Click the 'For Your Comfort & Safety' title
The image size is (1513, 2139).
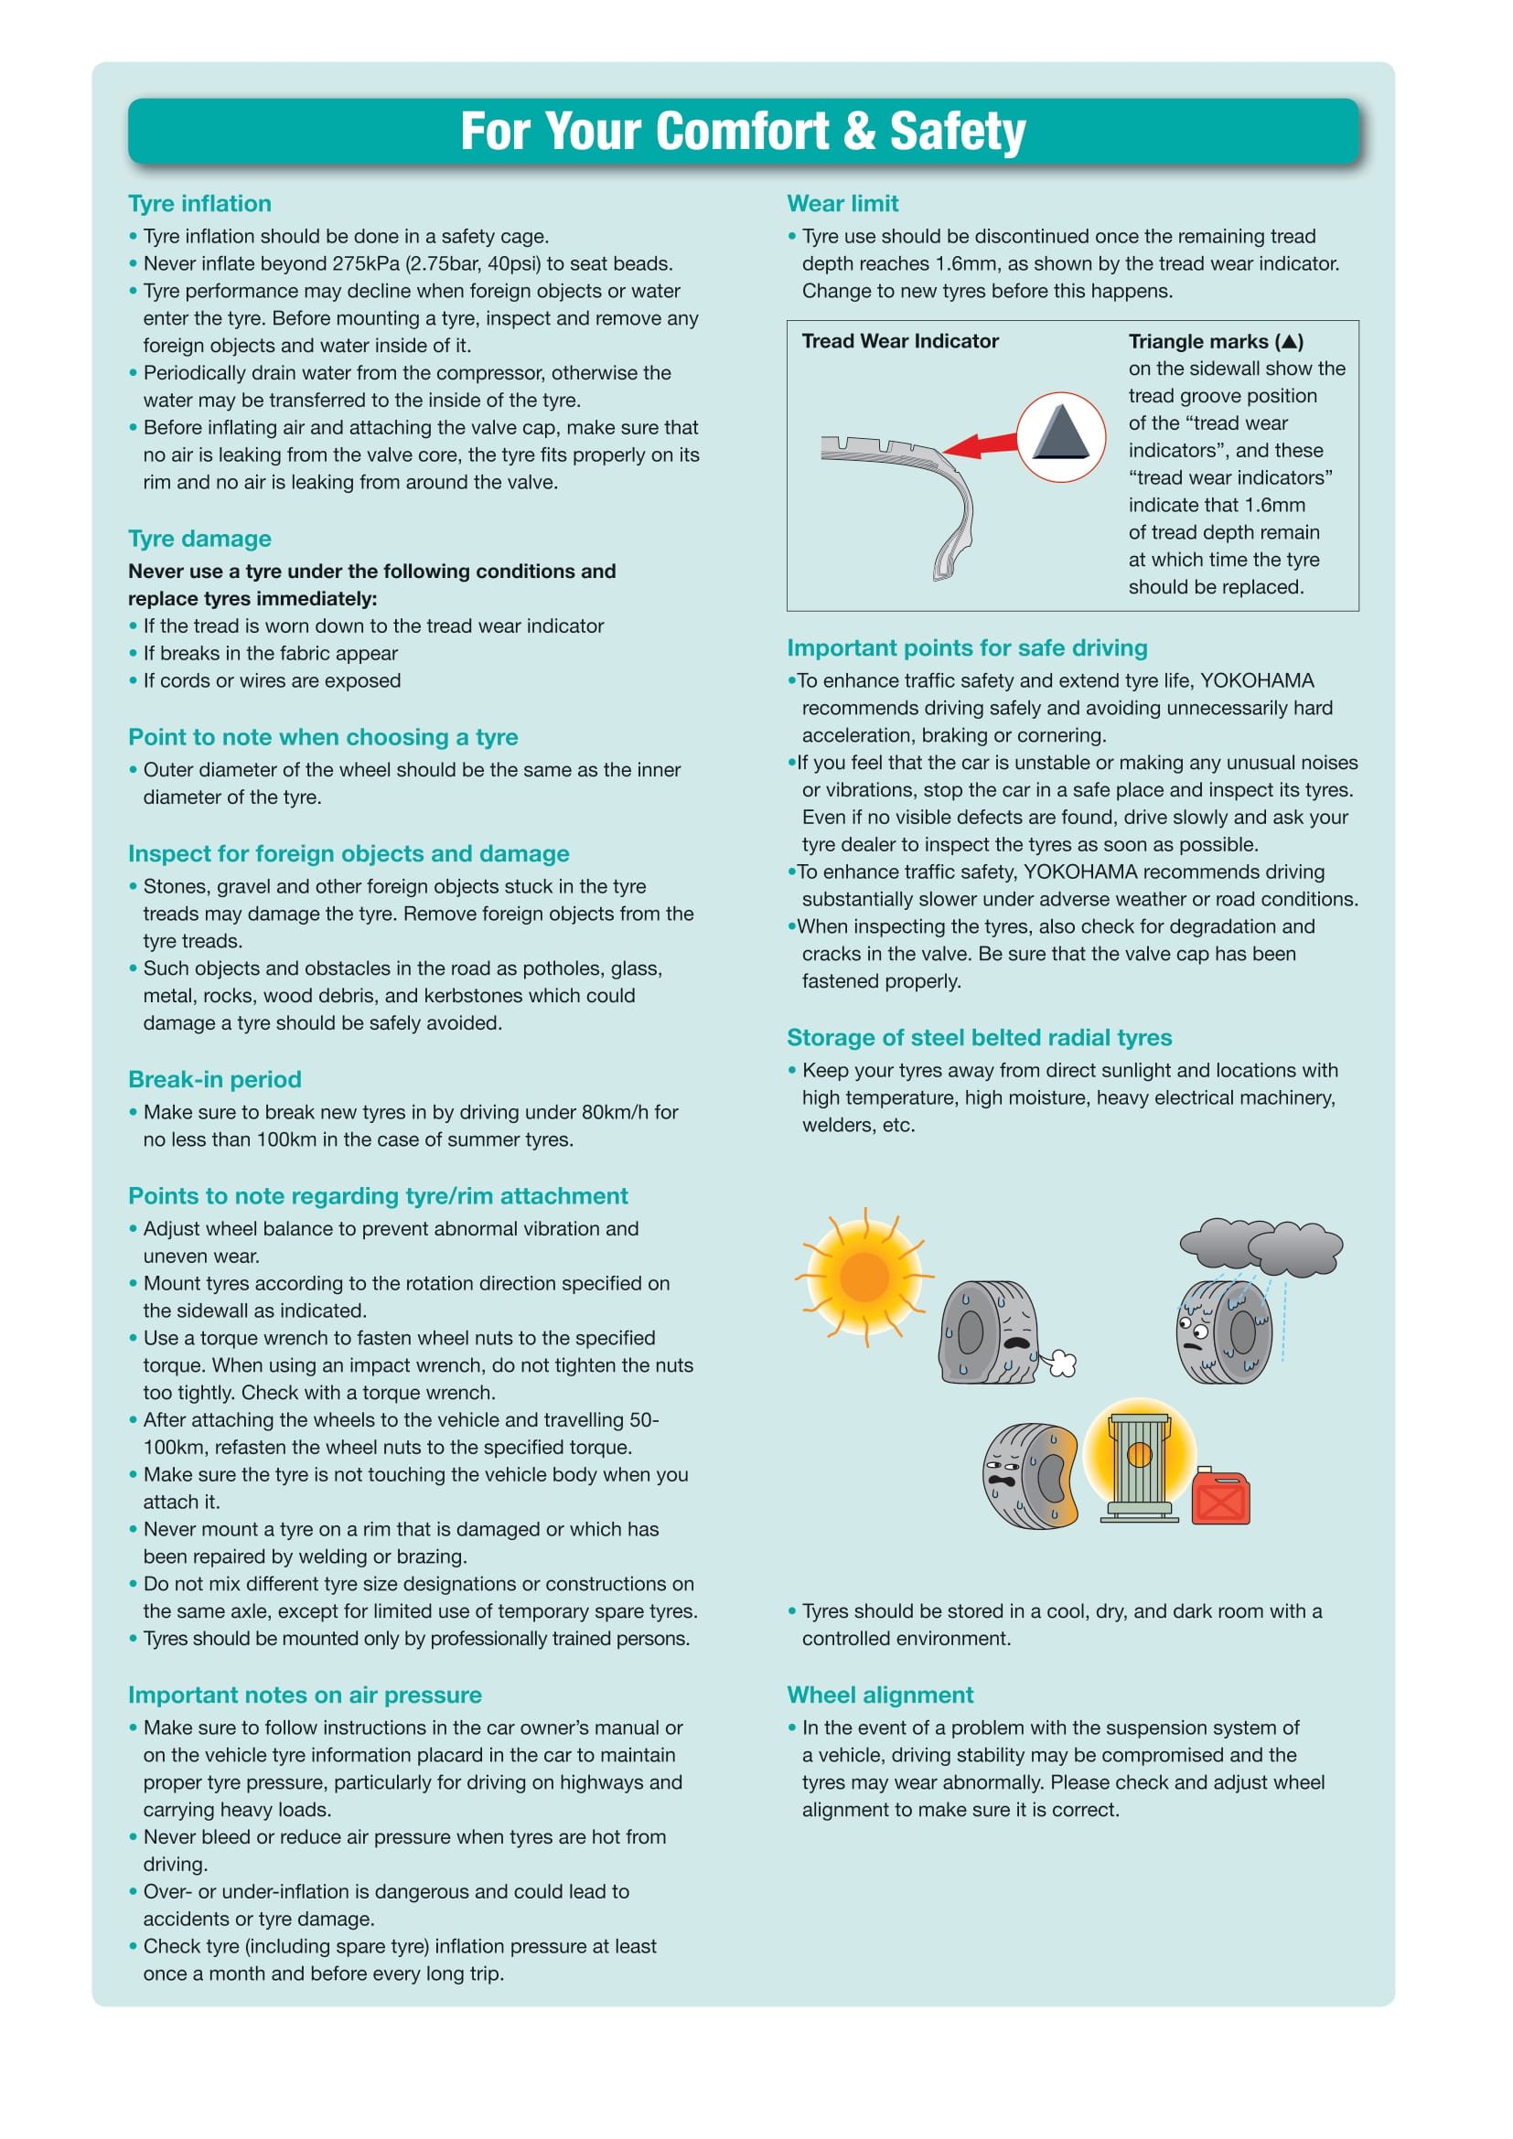pos(743,132)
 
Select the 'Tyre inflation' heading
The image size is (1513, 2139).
pos(199,203)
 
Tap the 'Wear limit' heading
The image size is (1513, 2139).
pos(842,203)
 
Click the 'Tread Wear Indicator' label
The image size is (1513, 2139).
pos(900,341)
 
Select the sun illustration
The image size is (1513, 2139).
pos(864,1276)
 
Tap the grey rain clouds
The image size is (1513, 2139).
pos(1261,1246)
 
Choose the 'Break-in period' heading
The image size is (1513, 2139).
pos(214,1079)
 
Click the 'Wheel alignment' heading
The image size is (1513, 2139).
pos(879,1695)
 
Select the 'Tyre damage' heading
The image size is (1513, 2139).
pos(199,539)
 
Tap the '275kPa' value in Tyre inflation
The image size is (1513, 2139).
pos(339,263)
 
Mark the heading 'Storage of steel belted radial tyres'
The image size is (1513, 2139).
pos(979,1038)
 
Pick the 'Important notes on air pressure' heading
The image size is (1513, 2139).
pos(305,1695)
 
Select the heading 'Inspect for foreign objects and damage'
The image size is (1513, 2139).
pos(349,853)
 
